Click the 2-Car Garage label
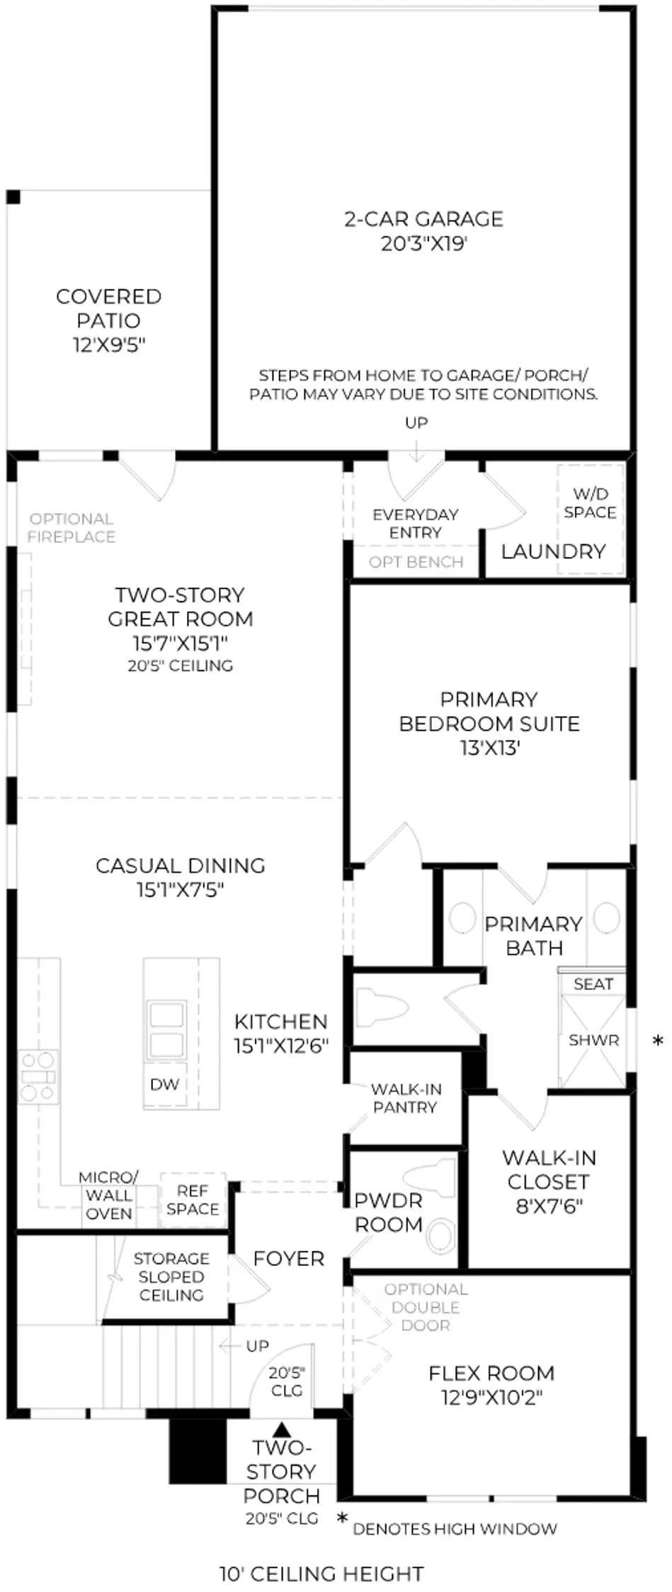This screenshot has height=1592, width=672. (x=423, y=219)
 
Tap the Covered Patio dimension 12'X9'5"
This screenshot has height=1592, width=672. (x=108, y=345)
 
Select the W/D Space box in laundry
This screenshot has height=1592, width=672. (x=590, y=519)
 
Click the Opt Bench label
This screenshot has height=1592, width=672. (x=416, y=562)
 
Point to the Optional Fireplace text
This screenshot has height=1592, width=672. (x=71, y=528)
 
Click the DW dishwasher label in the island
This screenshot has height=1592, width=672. (x=164, y=1084)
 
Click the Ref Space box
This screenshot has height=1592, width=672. (x=193, y=1200)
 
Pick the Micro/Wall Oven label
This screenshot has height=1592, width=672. (x=109, y=1195)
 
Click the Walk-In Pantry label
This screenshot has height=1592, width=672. (x=405, y=1098)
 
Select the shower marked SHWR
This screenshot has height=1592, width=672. (x=593, y=1040)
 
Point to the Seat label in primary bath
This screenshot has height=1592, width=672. (x=593, y=984)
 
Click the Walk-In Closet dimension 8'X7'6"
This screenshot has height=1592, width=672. (x=549, y=1206)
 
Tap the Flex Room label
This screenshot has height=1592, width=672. (x=491, y=1373)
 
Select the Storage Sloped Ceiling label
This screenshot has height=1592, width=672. (x=171, y=1276)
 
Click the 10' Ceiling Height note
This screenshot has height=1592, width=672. (x=321, y=1574)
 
